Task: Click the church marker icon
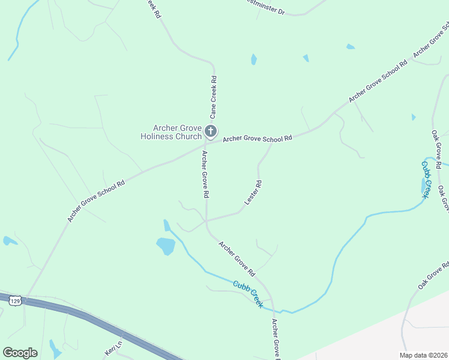pyautogui.click(x=210, y=131)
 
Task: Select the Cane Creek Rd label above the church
pyautogui.click(x=213, y=96)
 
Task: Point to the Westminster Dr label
pyautogui.click(x=265, y=7)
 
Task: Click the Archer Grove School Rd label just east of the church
pyautogui.click(x=257, y=139)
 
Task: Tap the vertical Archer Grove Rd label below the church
pyautogui.click(x=205, y=174)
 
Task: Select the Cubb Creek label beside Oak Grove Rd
pyautogui.click(x=426, y=179)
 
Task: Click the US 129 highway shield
pyautogui.click(x=16, y=299)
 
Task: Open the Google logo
pyautogui.click(x=20, y=353)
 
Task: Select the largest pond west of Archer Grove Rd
pyautogui.click(x=165, y=245)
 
